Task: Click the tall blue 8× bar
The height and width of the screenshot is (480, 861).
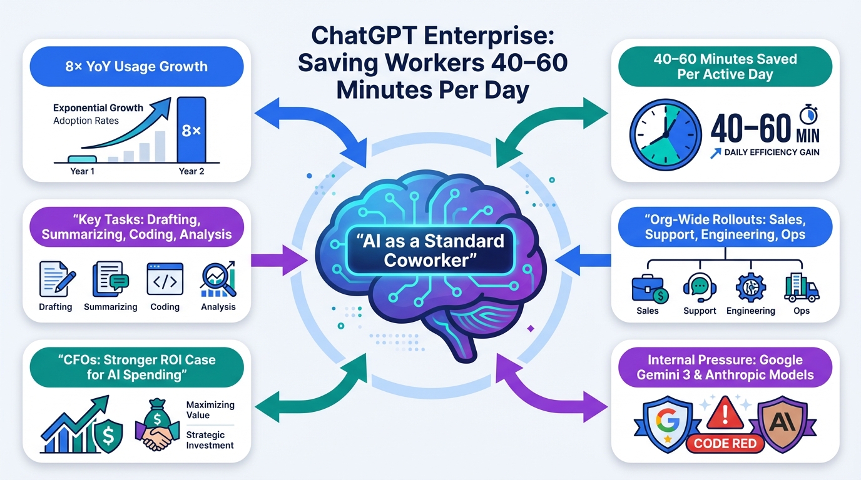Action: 191,129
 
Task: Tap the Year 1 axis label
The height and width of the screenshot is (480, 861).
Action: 83,171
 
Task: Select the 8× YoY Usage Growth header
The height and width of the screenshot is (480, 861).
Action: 136,67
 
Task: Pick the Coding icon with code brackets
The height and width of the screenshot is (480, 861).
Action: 165,279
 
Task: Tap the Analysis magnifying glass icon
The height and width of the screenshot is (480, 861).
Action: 218,279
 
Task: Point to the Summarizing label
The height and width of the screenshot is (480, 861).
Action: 111,307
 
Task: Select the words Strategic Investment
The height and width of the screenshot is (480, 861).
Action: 210,439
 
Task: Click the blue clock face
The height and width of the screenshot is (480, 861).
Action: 665,134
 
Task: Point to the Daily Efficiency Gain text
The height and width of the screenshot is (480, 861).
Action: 772,152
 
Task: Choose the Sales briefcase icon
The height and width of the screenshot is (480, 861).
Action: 648,288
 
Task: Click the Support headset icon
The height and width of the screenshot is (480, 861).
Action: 700,288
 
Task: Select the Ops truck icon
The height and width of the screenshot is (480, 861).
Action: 802,288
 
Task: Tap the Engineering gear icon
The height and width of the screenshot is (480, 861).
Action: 750,288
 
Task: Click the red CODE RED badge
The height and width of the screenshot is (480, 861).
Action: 726,443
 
